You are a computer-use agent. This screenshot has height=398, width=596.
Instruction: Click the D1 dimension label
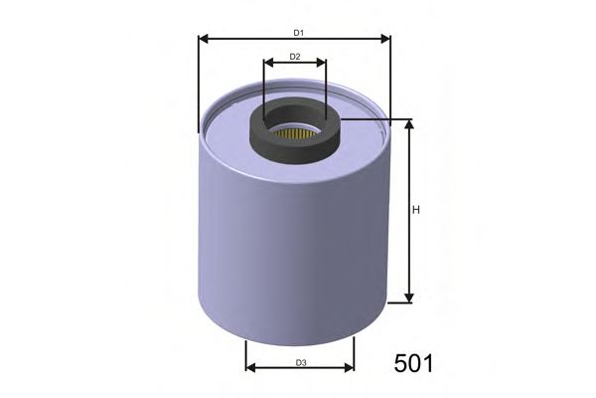tap(295, 33)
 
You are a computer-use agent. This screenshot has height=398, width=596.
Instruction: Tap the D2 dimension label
tap(295, 57)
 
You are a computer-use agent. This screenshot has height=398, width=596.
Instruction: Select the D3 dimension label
tap(299, 362)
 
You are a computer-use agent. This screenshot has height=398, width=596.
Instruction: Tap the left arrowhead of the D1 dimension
tap(204, 40)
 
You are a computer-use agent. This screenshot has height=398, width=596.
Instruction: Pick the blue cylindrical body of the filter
tap(288, 239)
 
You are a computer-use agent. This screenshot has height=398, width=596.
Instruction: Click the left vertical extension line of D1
tap(199, 90)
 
